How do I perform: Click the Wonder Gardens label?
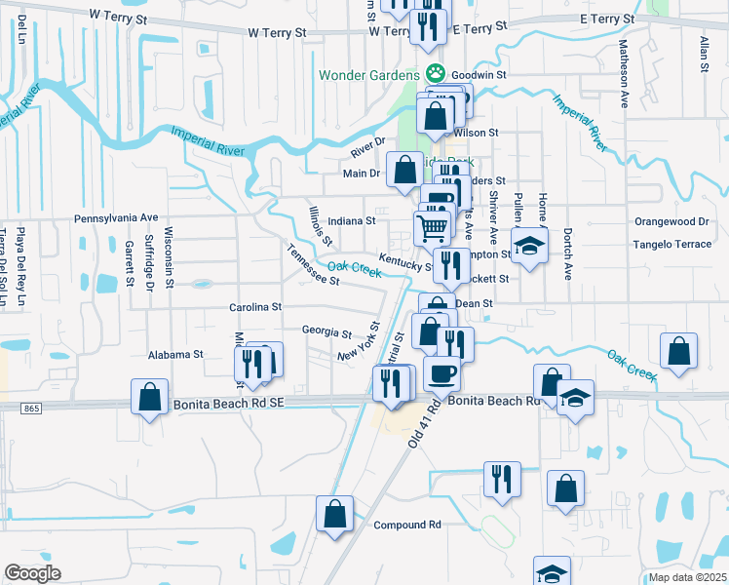coord(367,74)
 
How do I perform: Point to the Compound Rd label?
coord(407,525)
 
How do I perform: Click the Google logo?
coord(33,573)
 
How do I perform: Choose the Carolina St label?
coord(255,307)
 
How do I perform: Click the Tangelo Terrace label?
coord(672,245)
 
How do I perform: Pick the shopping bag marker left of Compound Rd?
coord(334,513)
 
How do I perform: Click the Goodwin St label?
coord(480,74)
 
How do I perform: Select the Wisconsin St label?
coord(169,249)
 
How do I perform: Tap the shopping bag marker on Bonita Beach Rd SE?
coord(149,396)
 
